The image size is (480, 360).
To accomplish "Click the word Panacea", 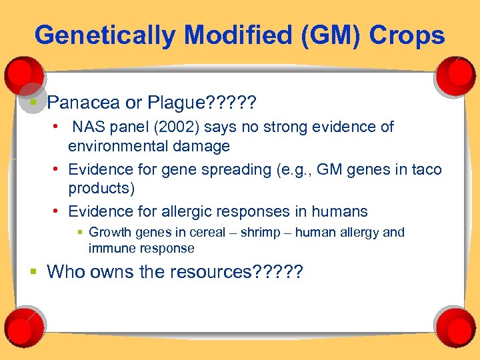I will (83, 103).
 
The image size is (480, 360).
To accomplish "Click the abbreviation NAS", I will (88, 127).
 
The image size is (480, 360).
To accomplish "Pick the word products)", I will (101, 189).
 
